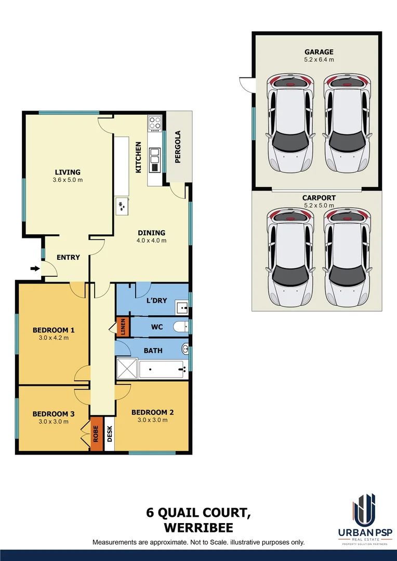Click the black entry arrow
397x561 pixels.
pyautogui.click(x=35, y=269)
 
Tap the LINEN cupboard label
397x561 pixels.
pyautogui.click(x=122, y=327)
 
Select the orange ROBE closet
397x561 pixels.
pyautogui.click(x=96, y=434)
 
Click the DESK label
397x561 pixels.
pyautogui.click(x=109, y=434)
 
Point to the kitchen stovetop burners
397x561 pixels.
pyautogui.click(x=155, y=123)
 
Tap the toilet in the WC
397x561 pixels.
pyautogui.click(x=180, y=327)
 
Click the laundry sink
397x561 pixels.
pyautogui.click(x=182, y=308)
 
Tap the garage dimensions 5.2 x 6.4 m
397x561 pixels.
pyautogui.click(x=319, y=60)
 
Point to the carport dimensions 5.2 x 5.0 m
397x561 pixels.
pyautogui.click(x=319, y=206)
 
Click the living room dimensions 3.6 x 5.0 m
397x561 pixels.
pyautogui.click(x=68, y=180)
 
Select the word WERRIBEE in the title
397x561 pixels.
pyautogui.click(x=198, y=528)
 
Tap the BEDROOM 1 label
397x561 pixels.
pyautogui.click(x=54, y=330)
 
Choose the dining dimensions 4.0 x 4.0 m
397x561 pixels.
pyautogui.click(x=151, y=241)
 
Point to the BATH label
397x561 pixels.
pyautogui.click(x=153, y=351)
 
